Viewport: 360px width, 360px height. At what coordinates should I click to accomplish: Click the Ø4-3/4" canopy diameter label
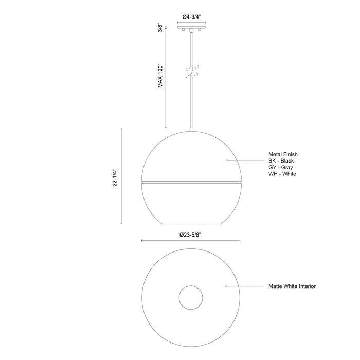click(x=192, y=17)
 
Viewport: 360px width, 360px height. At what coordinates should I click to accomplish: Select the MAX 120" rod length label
click(x=160, y=76)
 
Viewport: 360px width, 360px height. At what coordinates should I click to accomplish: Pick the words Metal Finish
click(x=283, y=154)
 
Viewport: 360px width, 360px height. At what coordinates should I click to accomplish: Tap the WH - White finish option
click(x=282, y=174)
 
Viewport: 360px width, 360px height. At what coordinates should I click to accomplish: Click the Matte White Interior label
click(x=292, y=286)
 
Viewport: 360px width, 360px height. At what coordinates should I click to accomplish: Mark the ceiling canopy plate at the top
click(x=192, y=29)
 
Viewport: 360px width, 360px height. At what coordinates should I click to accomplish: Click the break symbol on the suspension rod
click(x=192, y=71)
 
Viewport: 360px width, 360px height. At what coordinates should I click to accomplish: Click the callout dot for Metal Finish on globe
click(x=227, y=161)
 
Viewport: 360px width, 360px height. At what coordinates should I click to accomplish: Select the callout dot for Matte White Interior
click(x=226, y=286)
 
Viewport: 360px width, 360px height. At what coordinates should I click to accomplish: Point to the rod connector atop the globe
click(x=192, y=130)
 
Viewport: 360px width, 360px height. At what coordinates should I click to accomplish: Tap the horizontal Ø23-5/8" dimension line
click(x=154, y=240)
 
